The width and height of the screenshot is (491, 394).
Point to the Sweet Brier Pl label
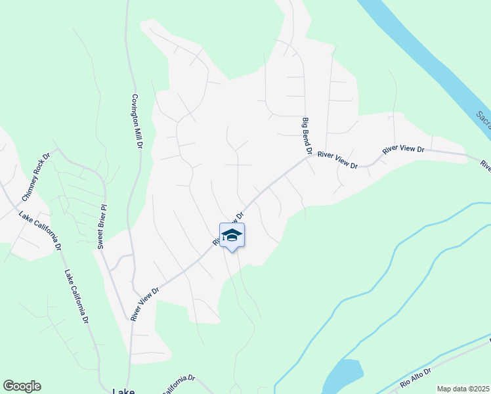point(102,224)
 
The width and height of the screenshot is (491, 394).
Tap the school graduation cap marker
point(231,236)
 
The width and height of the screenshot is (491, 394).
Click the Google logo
point(22,386)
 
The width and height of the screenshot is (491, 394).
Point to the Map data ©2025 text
point(463,389)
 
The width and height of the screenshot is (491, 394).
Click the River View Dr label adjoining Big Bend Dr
point(337,160)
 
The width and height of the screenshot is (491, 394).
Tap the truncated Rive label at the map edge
point(486,165)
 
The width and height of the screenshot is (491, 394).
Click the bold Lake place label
point(123,390)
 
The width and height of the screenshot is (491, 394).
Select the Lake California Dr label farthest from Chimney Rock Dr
point(76,297)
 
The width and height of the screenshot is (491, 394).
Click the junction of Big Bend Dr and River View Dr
point(309,156)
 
